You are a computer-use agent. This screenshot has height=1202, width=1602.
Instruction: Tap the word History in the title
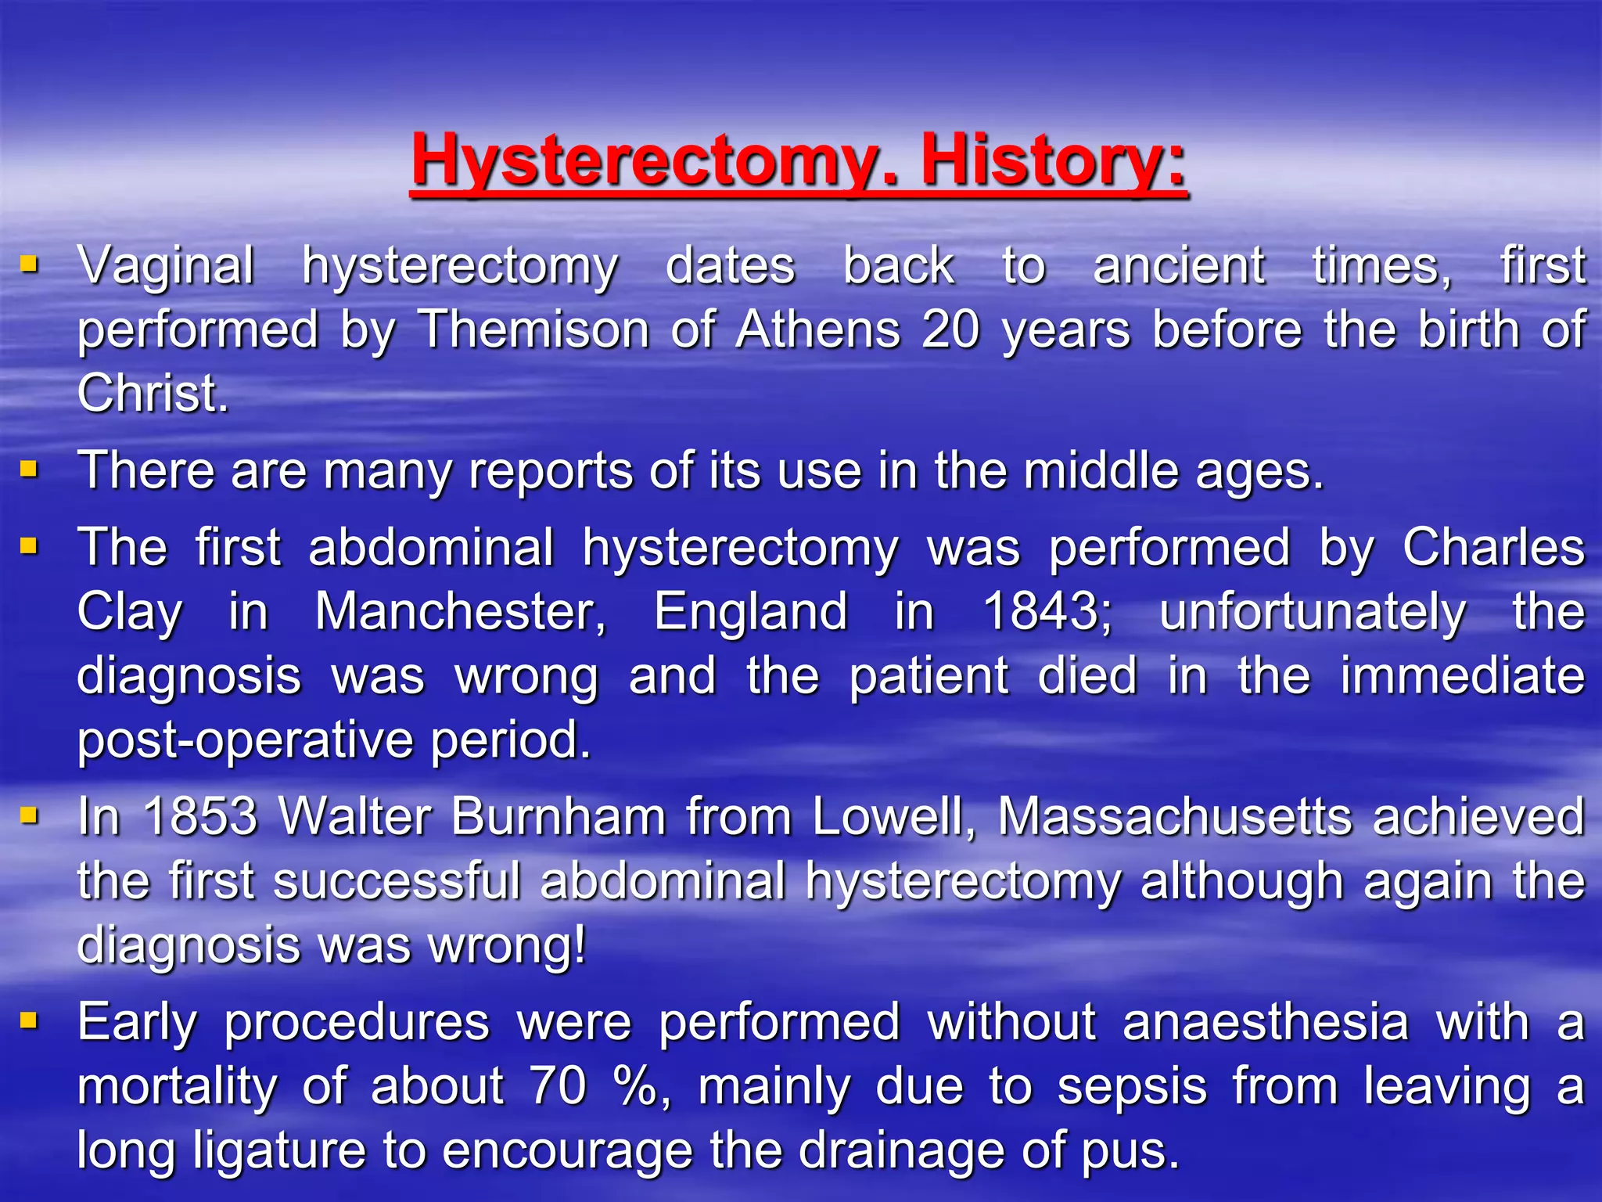tap(1053, 160)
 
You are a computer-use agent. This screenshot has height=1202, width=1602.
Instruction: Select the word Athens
tap(818, 329)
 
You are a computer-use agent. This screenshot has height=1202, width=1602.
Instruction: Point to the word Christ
tap(152, 393)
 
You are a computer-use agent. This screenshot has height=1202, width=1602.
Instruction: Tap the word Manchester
tap(460, 611)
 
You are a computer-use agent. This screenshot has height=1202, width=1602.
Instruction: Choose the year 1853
tap(200, 817)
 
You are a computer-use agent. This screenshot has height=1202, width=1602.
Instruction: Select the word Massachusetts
tap(1174, 817)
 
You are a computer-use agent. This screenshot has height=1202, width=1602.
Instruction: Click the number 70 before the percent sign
tap(558, 1086)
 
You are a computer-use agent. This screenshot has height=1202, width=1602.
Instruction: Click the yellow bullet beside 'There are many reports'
tap(29, 469)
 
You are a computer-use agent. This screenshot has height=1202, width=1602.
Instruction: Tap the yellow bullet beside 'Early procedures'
tap(29, 1020)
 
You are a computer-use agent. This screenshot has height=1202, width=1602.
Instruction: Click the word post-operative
tap(245, 740)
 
